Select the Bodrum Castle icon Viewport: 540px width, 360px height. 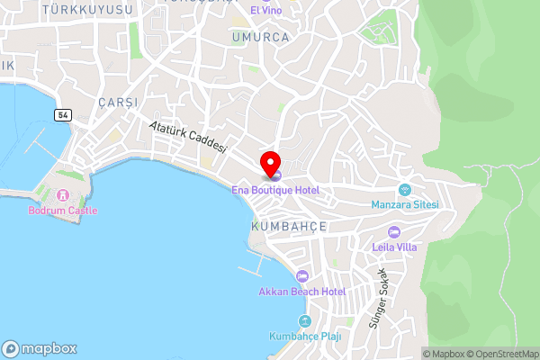tap(62, 195)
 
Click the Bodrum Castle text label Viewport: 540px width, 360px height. tap(62, 211)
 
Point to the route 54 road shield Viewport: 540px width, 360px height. tap(62, 115)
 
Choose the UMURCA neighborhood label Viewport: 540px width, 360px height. tap(260, 38)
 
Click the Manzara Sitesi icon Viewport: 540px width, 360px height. tap(404, 190)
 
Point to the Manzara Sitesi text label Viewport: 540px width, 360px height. tap(404, 204)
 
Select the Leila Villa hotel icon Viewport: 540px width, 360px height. tap(393, 232)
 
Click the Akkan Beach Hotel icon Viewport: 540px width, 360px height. tap(302, 276)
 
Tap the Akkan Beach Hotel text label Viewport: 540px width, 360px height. tap(302, 292)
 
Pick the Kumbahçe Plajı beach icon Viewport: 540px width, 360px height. tap(305, 321)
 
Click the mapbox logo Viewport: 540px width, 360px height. tap(40, 348)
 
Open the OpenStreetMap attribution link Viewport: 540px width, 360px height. tap(502, 354)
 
